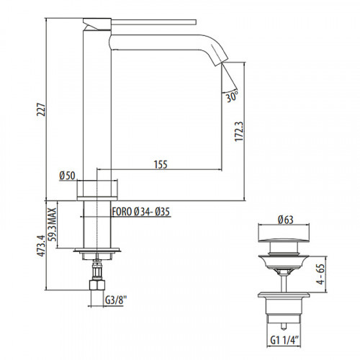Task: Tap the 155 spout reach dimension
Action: (160, 165)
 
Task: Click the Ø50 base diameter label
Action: (67, 175)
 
